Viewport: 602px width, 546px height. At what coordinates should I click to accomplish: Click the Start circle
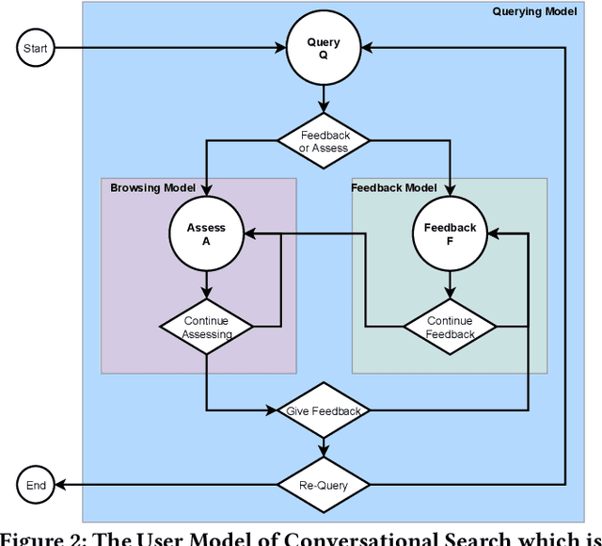(x=36, y=47)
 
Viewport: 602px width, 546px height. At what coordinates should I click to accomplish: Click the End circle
(x=36, y=486)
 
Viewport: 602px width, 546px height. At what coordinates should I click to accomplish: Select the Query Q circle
(x=324, y=48)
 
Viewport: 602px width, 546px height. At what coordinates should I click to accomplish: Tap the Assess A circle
(x=206, y=233)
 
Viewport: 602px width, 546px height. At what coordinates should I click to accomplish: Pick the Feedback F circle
(x=450, y=233)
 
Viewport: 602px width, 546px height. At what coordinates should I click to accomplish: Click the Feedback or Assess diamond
(x=324, y=141)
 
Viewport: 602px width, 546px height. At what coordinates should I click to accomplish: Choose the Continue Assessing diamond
(x=206, y=327)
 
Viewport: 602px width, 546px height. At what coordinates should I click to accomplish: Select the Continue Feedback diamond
(x=450, y=327)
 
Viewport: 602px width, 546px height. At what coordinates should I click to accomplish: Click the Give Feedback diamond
(x=324, y=410)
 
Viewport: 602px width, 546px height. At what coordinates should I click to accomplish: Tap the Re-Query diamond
(x=324, y=486)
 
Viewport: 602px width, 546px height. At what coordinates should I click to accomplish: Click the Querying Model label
(x=535, y=11)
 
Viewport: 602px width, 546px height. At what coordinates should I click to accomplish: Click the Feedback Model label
(x=393, y=188)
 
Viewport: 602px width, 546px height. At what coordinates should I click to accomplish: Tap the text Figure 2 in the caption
(x=47, y=538)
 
